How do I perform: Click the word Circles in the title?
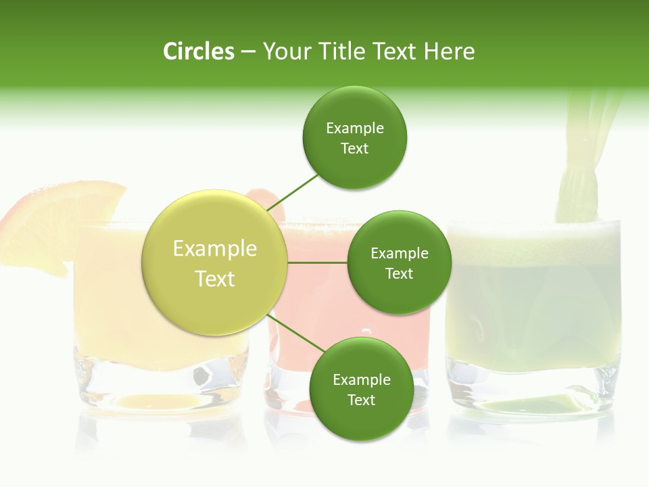[x=198, y=51]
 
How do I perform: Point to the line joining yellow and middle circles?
[x=317, y=262]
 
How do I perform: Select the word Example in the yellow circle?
[x=214, y=249]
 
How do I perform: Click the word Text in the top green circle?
[x=354, y=149]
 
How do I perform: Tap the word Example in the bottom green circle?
[x=361, y=379]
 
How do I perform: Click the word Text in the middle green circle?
[x=399, y=273]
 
